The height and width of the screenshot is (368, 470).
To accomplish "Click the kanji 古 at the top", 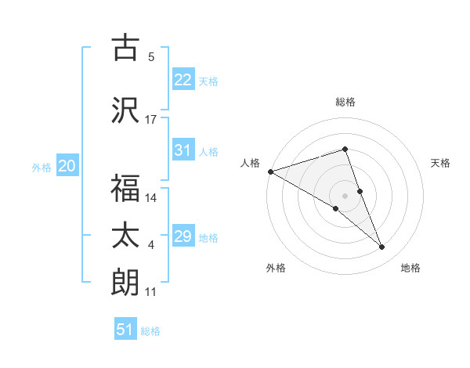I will point(125,49).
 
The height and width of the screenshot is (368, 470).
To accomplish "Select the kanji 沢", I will point(125,110).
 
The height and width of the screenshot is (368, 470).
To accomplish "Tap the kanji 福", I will point(125,188).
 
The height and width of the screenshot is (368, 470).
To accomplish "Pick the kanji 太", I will point(125,236).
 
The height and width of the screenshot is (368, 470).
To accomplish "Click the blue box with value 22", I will point(183,80).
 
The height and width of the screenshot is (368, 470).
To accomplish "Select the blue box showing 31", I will point(183,150).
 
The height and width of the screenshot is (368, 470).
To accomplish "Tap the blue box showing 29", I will point(183,236).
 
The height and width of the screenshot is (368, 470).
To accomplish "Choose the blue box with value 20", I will point(67,166).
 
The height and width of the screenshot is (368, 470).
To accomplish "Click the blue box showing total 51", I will point(125,330).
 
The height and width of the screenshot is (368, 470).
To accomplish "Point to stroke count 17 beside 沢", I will point(151,119).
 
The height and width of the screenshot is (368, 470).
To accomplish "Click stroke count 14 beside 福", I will point(151,198).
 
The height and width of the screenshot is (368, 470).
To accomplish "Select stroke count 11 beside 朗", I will point(151,292).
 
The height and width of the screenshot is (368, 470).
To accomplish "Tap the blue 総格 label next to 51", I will point(150,331).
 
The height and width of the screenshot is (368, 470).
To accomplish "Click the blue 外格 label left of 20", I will point(42,168).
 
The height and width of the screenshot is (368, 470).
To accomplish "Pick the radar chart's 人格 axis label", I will point(250,163).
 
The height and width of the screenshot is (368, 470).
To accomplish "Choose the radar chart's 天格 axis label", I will point(441,163).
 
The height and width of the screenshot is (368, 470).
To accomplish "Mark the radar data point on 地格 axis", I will point(382,247).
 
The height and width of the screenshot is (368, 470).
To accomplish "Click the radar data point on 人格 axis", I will point(270,171).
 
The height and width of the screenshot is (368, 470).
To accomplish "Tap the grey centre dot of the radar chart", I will point(345,195).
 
